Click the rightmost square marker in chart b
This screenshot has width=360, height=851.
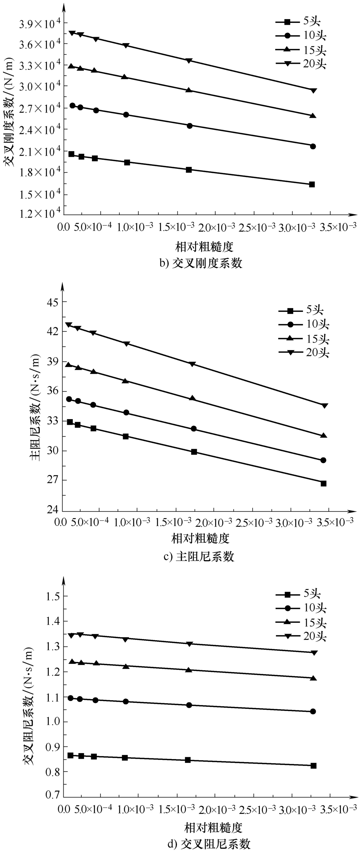[x=312, y=184]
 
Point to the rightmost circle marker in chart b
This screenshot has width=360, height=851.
[x=313, y=146]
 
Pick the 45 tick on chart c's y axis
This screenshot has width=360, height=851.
[x=48, y=302]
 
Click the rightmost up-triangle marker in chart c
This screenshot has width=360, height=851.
[x=324, y=436]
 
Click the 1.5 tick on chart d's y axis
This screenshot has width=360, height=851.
[x=52, y=596]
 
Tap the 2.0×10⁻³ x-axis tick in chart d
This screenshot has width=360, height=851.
[x=217, y=810]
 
